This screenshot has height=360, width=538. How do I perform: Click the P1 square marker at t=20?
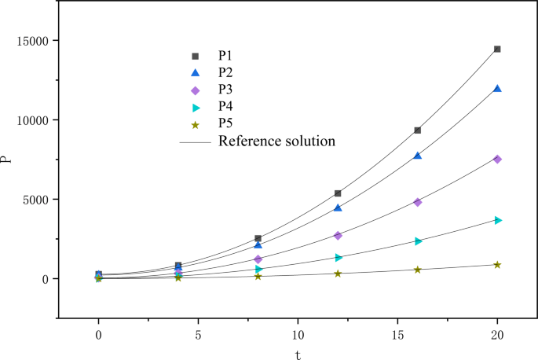pyautogui.click(x=497, y=49)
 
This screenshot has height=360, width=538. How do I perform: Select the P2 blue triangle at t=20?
pyautogui.click(x=497, y=89)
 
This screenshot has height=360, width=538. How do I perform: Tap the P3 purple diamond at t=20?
pyautogui.click(x=497, y=159)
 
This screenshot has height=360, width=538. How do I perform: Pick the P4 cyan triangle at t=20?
pyautogui.click(x=497, y=219)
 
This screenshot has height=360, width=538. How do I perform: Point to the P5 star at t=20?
pyautogui.click(x=497, y=265)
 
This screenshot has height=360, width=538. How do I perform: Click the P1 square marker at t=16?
pyautogui.click(x=417, y=130)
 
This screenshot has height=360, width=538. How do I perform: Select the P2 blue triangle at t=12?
pyautogui.click(x=338, y=208)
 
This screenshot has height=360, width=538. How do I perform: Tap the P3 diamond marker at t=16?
pyautogui.click(x=417, y=202)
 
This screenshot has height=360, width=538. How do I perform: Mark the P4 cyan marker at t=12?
pyautogui.click(x=338, y=257)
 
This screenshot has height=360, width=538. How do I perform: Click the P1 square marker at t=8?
pyautogui.click(x=258, y=238)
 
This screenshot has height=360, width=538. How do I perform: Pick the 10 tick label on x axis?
pyautogui.click(x=298, y=333)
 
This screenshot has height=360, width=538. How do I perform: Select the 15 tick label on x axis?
pyautogui.click(x=397, y=333)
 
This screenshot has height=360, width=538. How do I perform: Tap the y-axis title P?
pyautogui.click(x=7, y=160)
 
